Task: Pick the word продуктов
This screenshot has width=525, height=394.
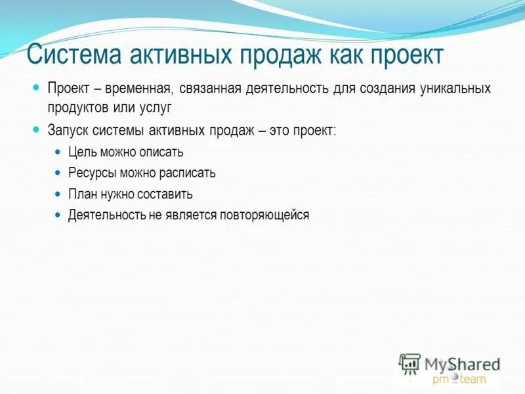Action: [76, 106]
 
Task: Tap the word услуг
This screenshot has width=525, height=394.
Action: [154, 106]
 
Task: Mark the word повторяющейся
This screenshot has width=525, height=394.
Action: [270, 215]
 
